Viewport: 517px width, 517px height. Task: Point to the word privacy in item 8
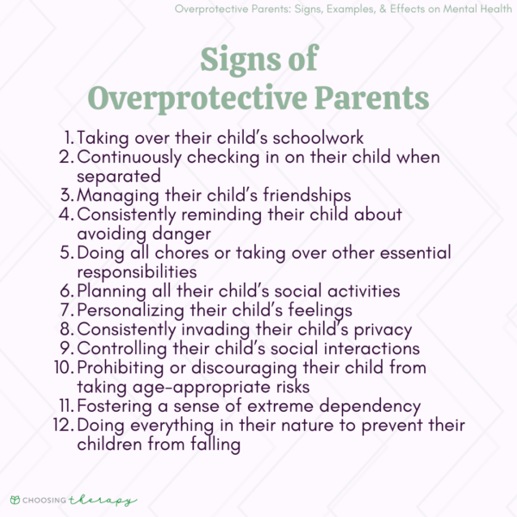(373, 329)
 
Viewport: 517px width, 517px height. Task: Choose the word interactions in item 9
(366, 348)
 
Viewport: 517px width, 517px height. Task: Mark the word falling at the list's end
(211, 445)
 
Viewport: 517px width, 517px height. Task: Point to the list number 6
(68, 290)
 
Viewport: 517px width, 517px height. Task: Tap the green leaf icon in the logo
(15, 500)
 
